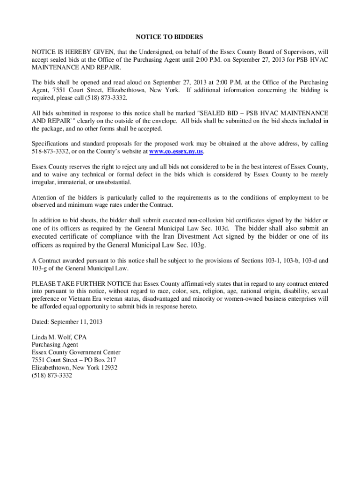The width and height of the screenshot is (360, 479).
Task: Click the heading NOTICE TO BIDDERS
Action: pyautogui.click(x=169, y=36)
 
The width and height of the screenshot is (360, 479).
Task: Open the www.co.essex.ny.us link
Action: pyautogui.click(x=176, y=152)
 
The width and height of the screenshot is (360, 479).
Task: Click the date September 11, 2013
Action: pyautogui.click(x=75, y=322)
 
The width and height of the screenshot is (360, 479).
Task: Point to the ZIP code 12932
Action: pyautogui.click(x=107, y=368)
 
